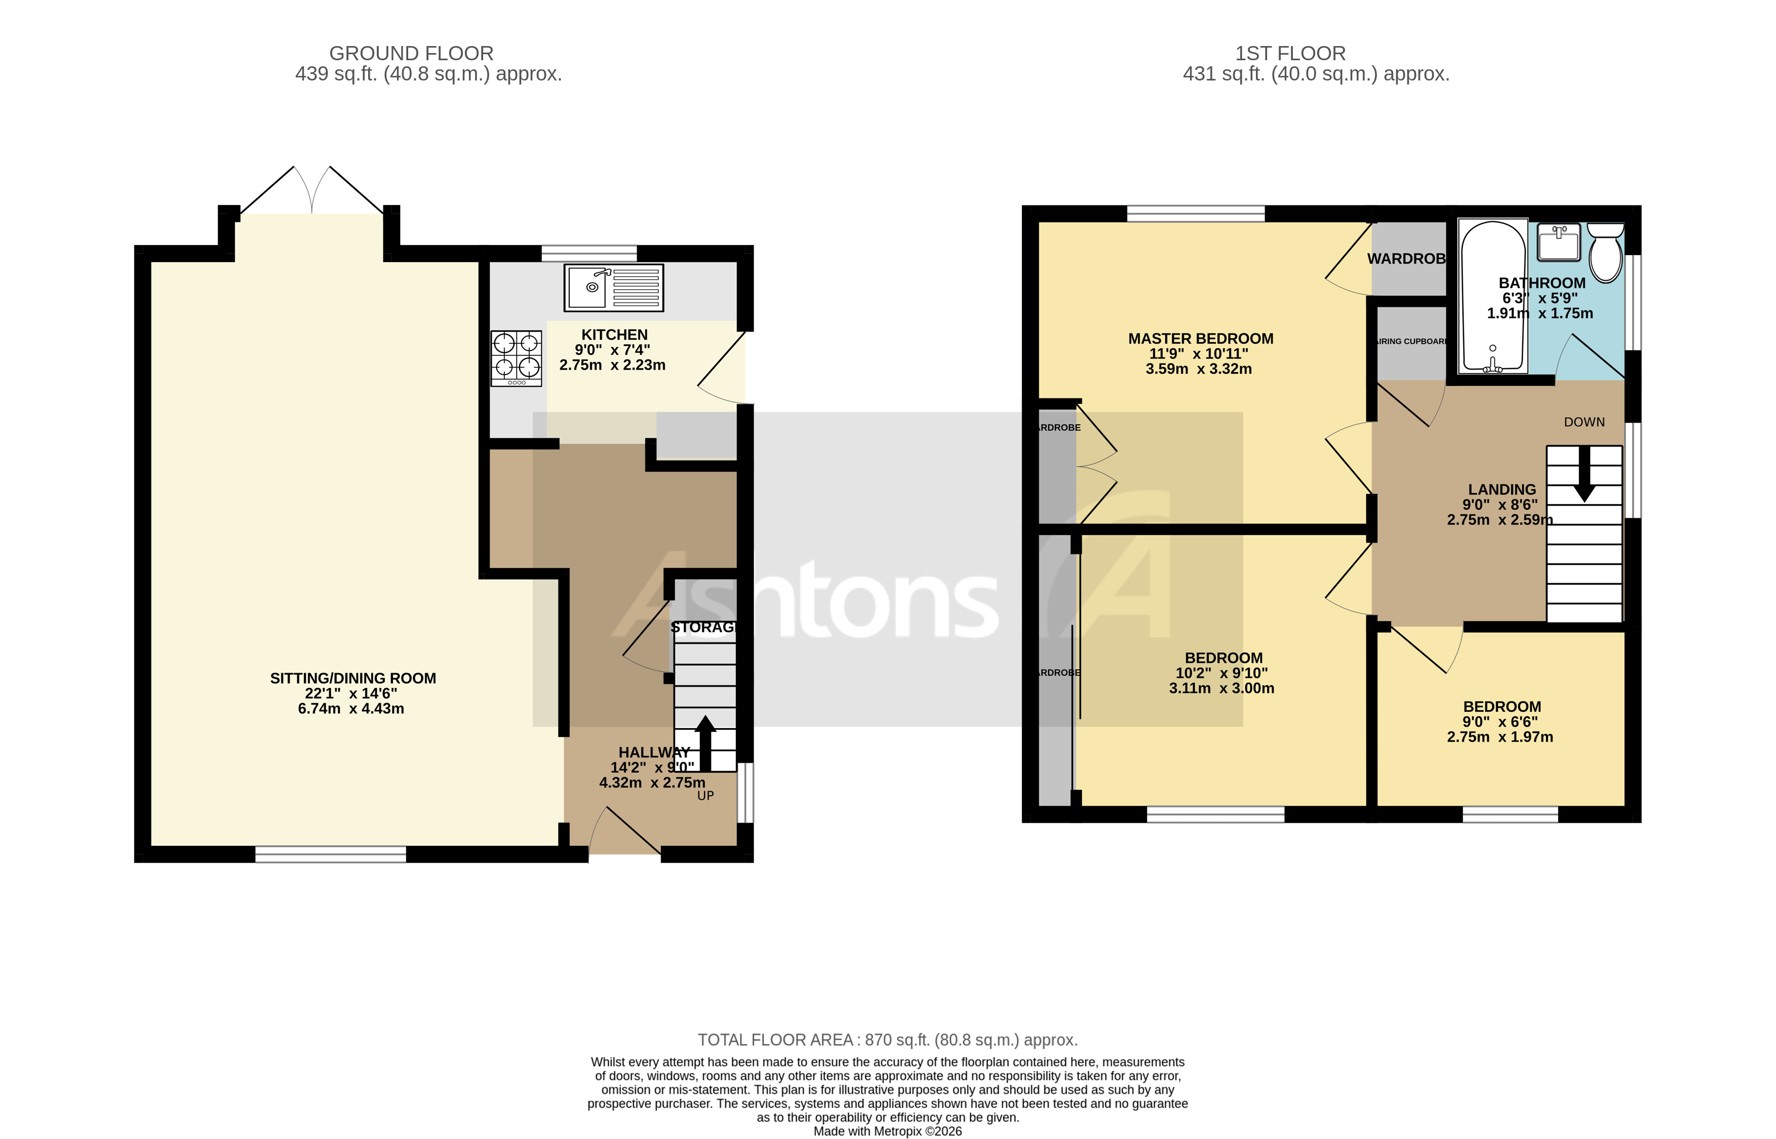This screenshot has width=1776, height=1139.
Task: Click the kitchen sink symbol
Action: (613, 288)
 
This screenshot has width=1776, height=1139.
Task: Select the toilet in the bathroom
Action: (1605, 252)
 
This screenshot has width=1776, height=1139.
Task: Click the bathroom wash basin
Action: (1559, 242)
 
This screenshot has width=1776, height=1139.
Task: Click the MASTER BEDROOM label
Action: (1201, 339)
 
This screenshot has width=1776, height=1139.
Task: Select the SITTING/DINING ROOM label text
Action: (353, 678)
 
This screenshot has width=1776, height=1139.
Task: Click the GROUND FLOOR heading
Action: (411, 53)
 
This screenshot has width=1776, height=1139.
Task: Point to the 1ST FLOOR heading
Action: (1290, 53)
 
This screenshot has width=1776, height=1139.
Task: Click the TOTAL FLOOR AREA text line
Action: (888, 1040)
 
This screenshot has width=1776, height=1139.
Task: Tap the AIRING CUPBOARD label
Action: (1410, 342)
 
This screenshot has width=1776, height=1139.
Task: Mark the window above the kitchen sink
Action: (589, 254)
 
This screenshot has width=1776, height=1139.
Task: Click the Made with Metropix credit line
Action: (888, 1131)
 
